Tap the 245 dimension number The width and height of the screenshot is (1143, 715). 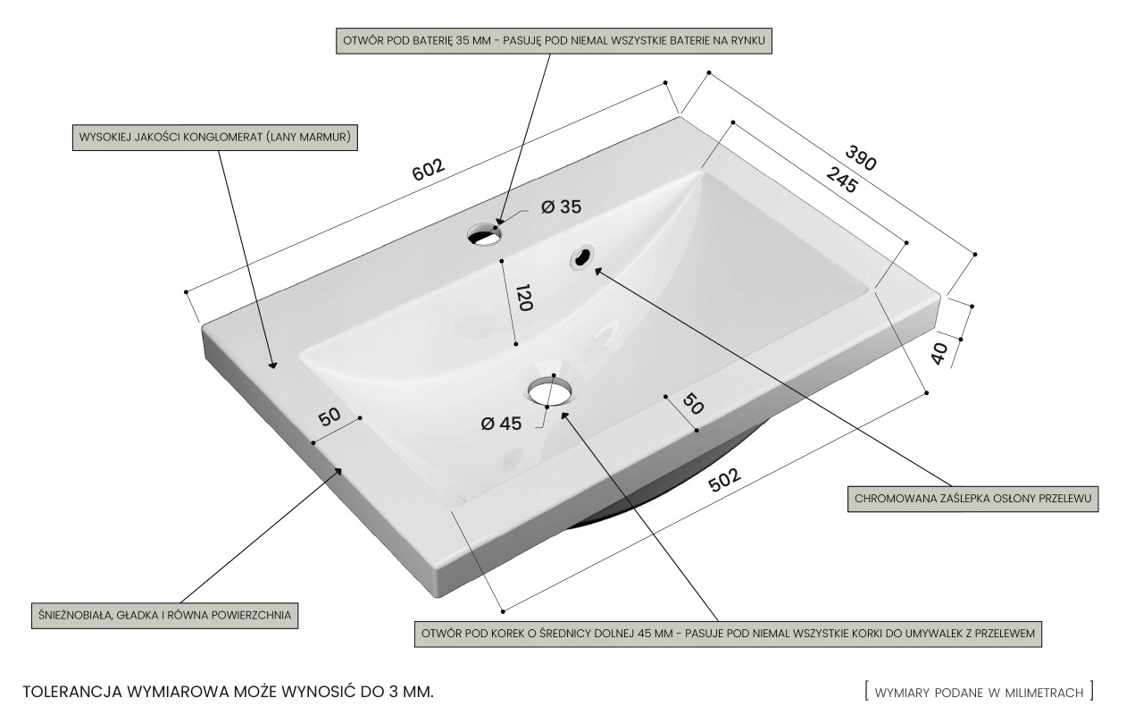pos(841,180)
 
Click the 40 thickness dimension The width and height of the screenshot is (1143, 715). pos(939,353)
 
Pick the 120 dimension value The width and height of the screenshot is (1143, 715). pos(523,298)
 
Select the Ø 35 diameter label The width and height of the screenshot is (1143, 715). pos(561,207)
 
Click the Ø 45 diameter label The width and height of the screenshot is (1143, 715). pos(500,424)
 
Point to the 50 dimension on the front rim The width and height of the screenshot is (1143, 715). pos(693,403)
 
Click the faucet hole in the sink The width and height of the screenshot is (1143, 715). pos(484,234)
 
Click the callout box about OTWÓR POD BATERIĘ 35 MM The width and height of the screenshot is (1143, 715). pos(554,41)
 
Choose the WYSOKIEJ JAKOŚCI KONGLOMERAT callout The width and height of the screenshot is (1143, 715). pos(214,138)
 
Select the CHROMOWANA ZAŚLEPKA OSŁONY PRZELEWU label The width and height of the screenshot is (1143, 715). pos(972,499)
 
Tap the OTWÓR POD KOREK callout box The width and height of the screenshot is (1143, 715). pos(728,634)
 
